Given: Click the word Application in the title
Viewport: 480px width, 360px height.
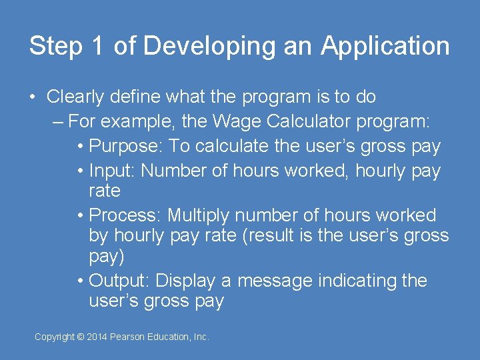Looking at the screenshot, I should (x=385, y=47).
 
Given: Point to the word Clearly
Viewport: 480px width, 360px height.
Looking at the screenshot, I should (x=75, y=97).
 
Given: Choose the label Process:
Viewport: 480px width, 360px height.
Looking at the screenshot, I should (x=125, y=215).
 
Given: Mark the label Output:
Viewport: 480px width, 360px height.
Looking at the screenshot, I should (x=119, y=281).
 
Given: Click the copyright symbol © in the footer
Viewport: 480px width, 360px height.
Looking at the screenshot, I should (x=81, y=337).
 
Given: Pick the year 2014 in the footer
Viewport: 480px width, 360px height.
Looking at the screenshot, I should (x=97, y=337).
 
